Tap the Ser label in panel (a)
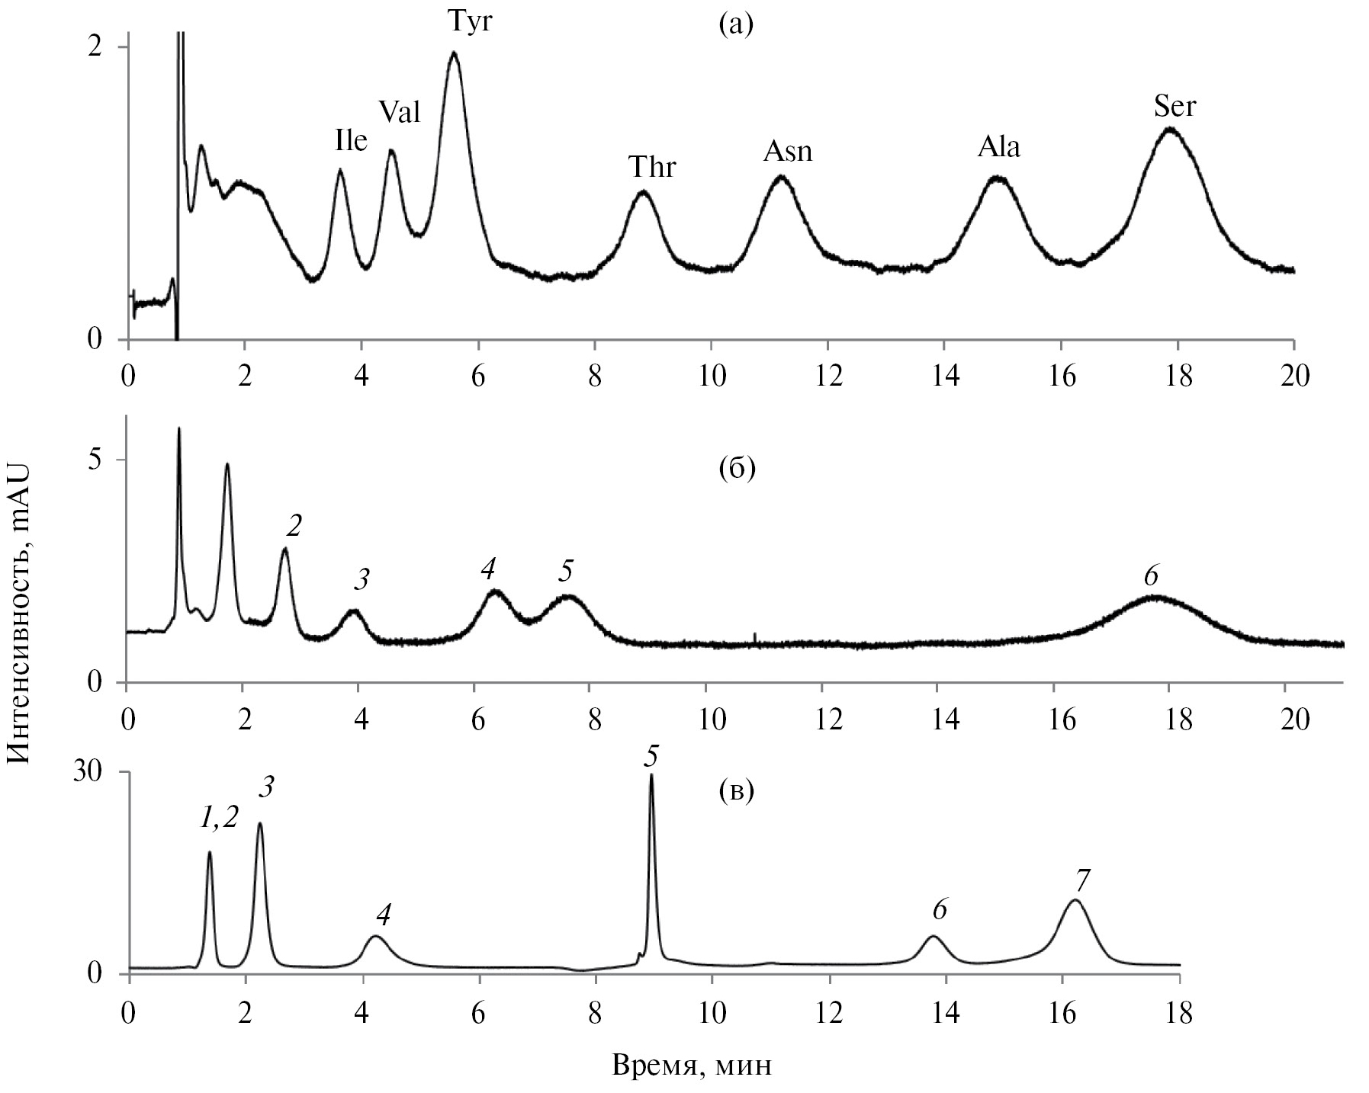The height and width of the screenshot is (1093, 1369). (1175, 107)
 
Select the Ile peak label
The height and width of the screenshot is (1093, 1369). (351, 140)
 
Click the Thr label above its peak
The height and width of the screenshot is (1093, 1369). (652, 166)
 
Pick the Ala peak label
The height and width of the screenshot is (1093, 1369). (999, 147)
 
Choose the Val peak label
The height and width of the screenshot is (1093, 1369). (400, 113)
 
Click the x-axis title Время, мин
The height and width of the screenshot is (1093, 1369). (692, 1066)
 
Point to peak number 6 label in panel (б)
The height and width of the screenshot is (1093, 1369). (1152, 576)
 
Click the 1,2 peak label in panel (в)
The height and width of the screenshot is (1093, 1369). (219, 818)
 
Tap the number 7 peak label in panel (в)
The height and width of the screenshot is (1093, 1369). (1082, 880)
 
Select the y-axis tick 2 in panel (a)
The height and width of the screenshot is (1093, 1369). (95, 46)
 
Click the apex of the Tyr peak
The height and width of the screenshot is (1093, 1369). (454, 53)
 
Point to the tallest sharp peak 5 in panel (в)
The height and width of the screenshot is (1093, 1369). (651, 776)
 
